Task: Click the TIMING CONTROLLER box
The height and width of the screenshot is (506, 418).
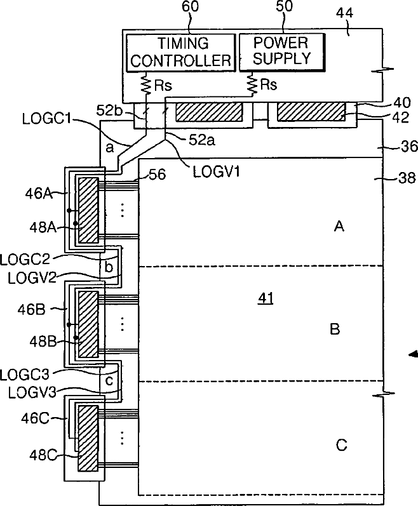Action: [x=180, y=52]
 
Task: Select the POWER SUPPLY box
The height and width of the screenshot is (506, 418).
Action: [x=281, y=51]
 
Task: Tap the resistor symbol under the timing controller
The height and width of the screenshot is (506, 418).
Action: [x=147, y=84]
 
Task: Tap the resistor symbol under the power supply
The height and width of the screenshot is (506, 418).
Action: [x=252, y=84]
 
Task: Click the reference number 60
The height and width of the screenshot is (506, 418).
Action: [x=191, y=7]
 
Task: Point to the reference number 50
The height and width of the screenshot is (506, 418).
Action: [x=284, y=6]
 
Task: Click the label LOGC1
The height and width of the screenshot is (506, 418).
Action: [x=46, y=119]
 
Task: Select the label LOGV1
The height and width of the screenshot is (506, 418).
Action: [x=217, y=171]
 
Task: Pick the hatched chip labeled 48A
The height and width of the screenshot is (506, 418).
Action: [x=88, y=210]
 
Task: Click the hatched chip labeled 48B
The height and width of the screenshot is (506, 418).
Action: [x=88, y=324]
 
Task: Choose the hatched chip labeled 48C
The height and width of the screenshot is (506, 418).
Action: [x=88, y=438]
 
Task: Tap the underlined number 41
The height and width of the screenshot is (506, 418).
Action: [x=266, y=298]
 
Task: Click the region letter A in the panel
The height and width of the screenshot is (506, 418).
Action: [x=339, y=227]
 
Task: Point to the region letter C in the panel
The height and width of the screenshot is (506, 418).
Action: [x=341, y=445]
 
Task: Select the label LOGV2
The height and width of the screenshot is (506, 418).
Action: [x=32, y=278]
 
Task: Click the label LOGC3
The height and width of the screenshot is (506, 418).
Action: [x=25, y=375]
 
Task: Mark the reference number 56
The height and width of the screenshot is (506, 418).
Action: [x=157, y=175]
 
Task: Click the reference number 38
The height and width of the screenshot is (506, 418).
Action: [x=407, y=178]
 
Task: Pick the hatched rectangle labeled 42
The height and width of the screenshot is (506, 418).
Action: [x=311, y=112]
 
